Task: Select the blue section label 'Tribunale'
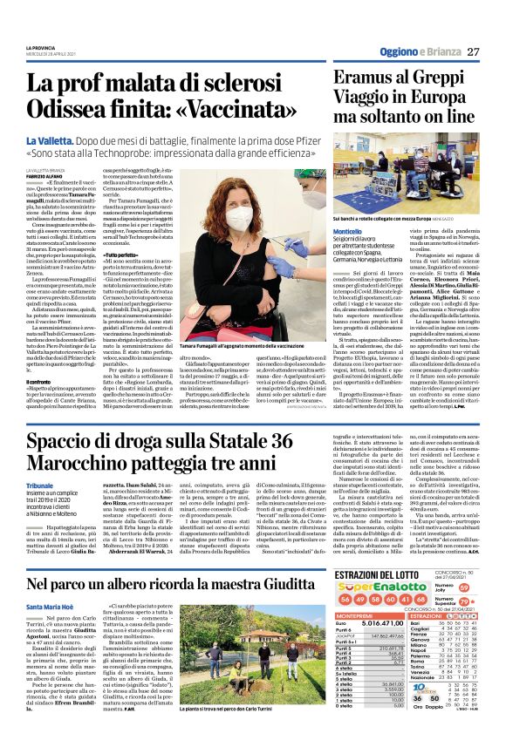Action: [40, 486]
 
